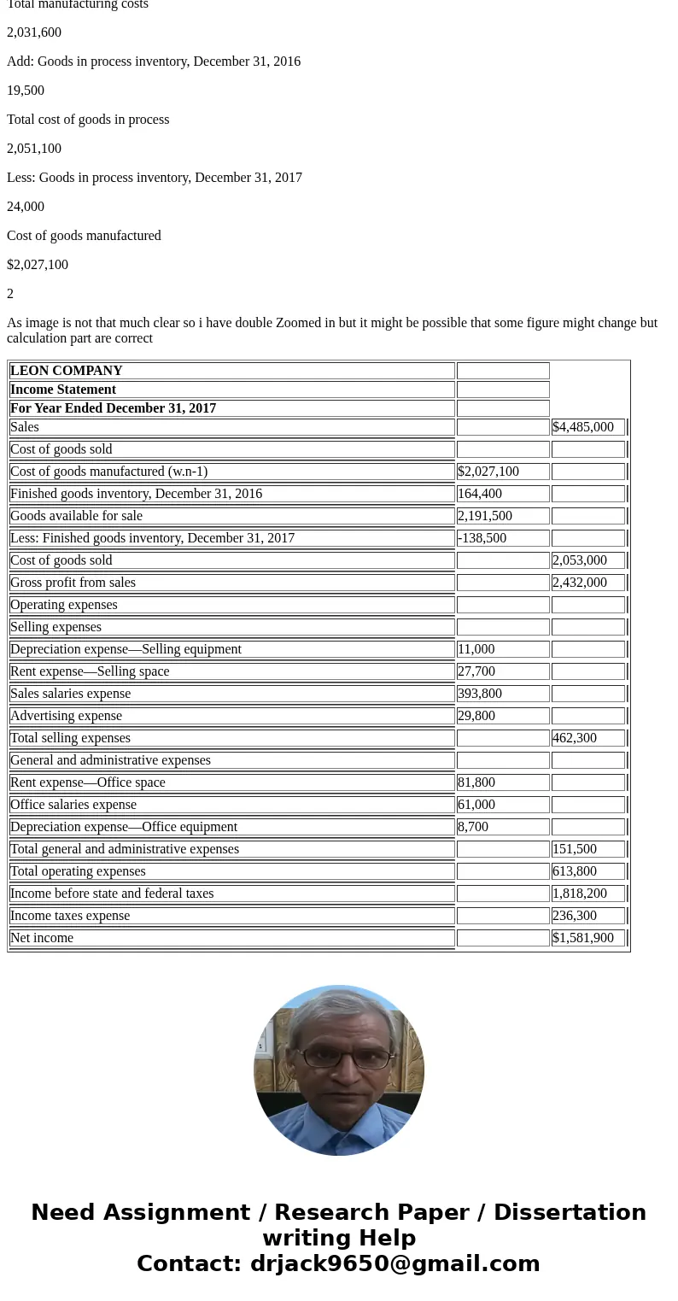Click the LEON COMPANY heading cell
click(x=67, y=371)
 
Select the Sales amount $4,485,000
click(x=583, y=427)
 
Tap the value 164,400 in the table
click(x=480, y=494)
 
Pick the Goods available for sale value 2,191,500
click(x=485, y=516)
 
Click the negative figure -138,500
click(x=482, y=538)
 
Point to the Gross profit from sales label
click(x=73, y=583)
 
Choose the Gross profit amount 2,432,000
click(x=580, y=583)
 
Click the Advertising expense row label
click(x=67, y=716)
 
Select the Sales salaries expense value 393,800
click(x=480, y=694)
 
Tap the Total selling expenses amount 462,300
click(x=575, y=738)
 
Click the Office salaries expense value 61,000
click(x=476, y=805)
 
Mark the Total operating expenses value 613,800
click(x=575, y=871)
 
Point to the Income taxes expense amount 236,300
click(x=575, y=916)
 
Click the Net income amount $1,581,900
click(x=583, y=938)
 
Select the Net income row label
click(x=42, y=938)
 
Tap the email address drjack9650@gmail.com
click(x=395, y=1264)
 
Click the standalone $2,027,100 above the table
click(x=38, y=265)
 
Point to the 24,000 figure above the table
click(x=26, y=207)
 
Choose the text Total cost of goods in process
click(x=88, y=120)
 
